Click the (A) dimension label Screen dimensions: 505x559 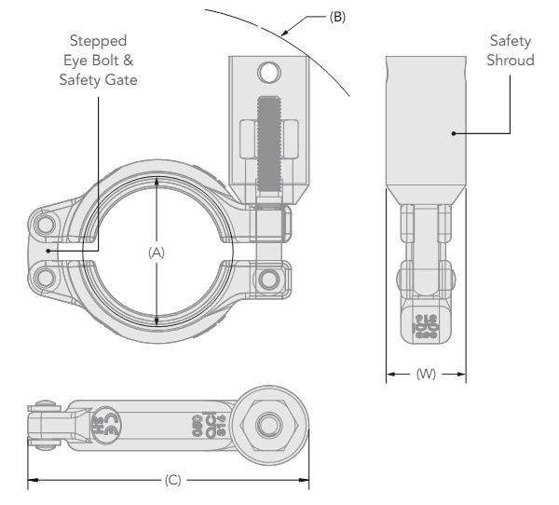pyautogui.click(x=157, y=252)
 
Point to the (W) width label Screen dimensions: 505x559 pyautogui.click(x=426, y=375)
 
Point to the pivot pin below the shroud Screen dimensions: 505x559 pyautogui.click(x=270, y=279)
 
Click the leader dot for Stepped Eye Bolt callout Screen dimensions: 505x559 pyautogui.click(x=56, y=250)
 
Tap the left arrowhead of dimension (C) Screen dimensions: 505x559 pyautogui.click(x=32, y=481)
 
